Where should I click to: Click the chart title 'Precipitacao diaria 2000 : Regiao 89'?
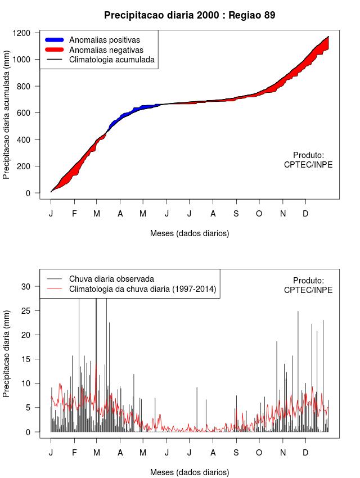pyautogui.click(x=190, y=15)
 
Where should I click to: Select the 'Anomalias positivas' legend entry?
pyautogui.click(x=104, y=40)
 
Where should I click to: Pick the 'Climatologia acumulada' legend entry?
pyautogui.click(x=111, y=59)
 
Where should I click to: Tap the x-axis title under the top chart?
pyautogui.click(x=190, y=233)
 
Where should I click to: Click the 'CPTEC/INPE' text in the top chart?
pyautogui.click(x=308, y=164)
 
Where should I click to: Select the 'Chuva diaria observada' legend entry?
pyautogui.click(x=111, y=278)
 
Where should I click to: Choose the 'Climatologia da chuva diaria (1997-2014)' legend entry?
pyautogui.click(x=142, y=289)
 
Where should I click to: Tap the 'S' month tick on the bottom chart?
pyautogui.click(x=236, y=452)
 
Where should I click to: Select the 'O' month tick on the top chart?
pyautogui.click(x=259, y=213)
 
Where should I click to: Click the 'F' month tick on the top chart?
pyautogui.click(x=74, y=213)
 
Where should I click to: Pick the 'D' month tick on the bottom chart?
pyautogui.click(x=305, y=452)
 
